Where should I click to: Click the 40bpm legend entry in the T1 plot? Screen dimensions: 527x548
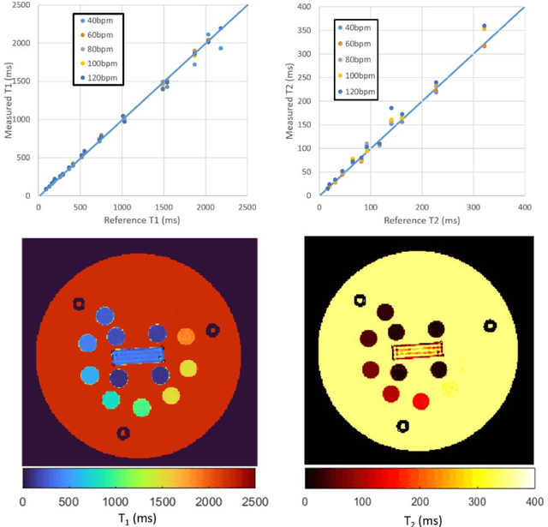pyautogui.click(x=96, y=19)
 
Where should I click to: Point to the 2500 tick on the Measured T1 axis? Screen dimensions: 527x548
pyautogui.click(x=23, y=6)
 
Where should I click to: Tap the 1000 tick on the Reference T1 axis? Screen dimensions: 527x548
pyautogui.click(x=122, y=207)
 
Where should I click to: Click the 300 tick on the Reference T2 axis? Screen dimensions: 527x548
pyautogui.click(x=474, y=207)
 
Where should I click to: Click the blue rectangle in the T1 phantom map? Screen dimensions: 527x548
pyautogui.click(x=137, y=355)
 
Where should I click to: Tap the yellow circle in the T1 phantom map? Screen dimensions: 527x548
pyautogui.click(x=170, y=395)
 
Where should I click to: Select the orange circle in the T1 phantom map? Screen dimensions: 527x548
pyautogui.click(x=186, y=335)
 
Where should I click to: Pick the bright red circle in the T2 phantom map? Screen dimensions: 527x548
pyautogui.click(x=420, y=401)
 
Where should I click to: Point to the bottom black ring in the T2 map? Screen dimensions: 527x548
pyautogui.click(x=402, y=425)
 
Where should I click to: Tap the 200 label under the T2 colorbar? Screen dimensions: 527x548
pyautogui.click(x=420, y=500)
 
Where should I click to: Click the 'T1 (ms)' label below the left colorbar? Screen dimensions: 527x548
pyautogui.click(x=138, y=518)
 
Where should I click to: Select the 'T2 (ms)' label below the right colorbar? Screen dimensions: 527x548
pyautogui.click(x=420, y=518)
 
